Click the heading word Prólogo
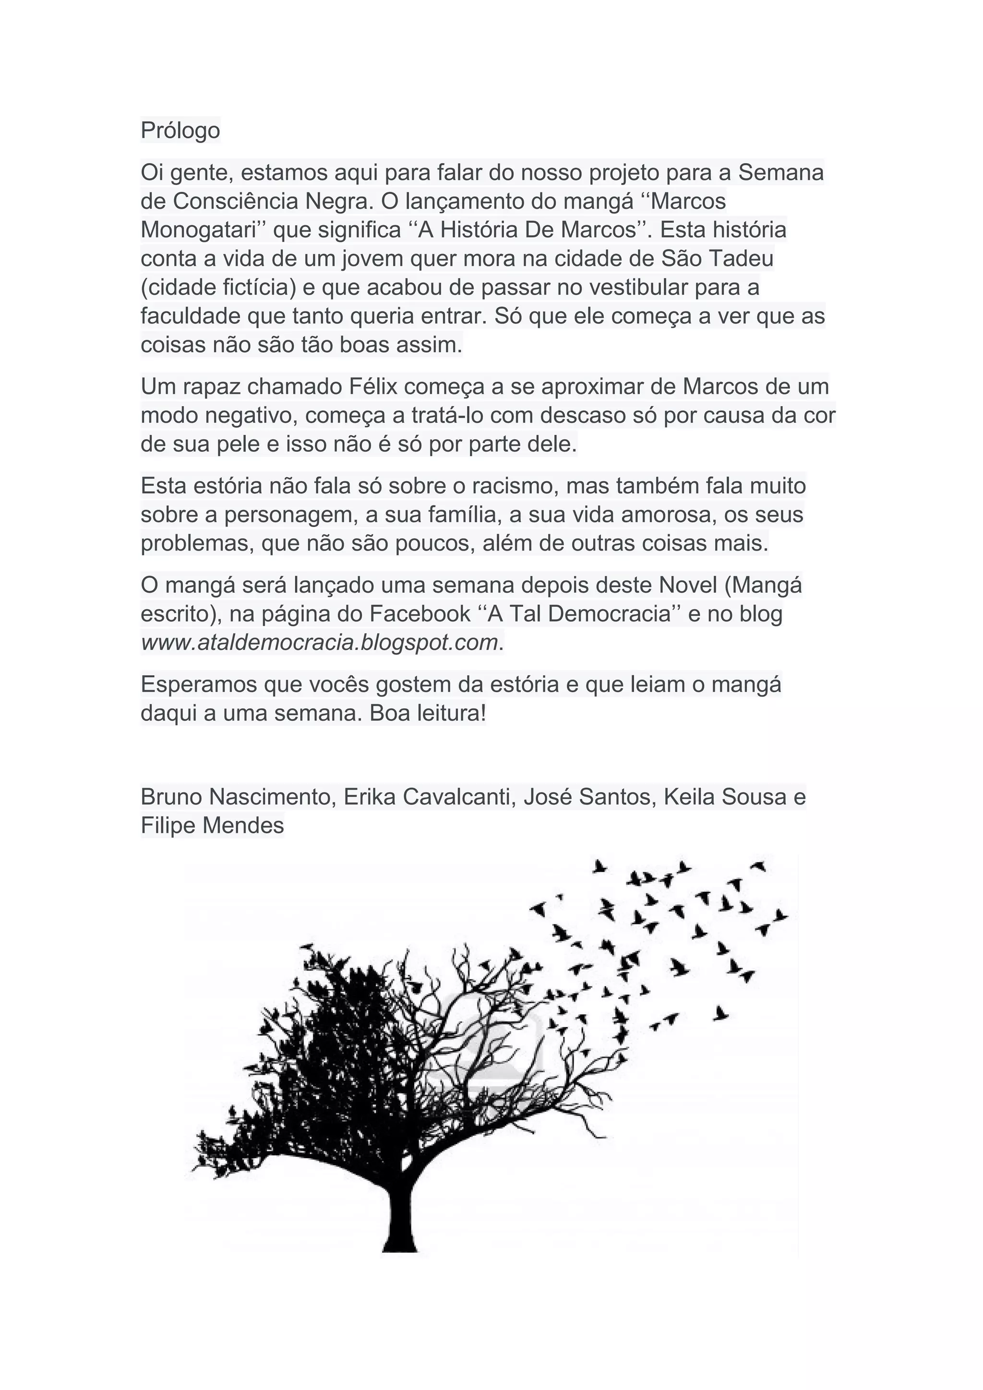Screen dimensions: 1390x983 point(180,130)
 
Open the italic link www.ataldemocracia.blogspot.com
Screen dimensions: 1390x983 point(319,642)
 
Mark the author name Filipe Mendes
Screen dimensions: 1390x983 point(212,825)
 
